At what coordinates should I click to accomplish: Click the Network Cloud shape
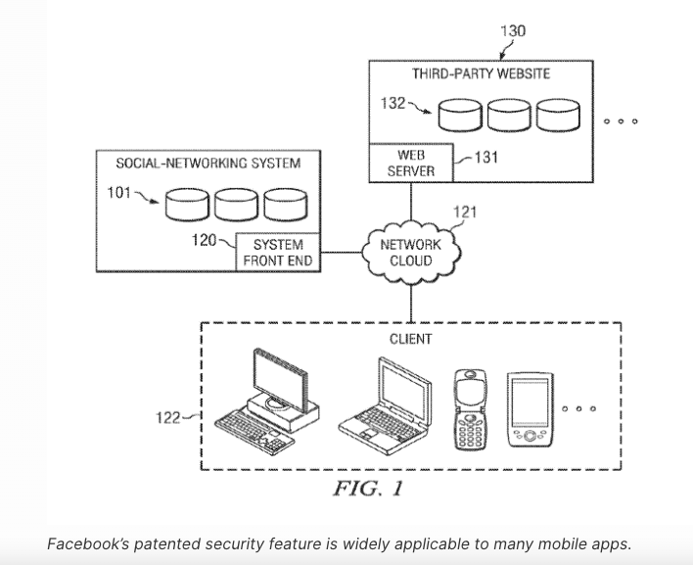pos(410,253)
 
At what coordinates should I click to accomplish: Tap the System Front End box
pos(278,253)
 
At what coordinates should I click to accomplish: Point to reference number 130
pos(512,30)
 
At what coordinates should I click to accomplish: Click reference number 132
pos(393,103)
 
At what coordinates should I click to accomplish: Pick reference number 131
pos(486,158)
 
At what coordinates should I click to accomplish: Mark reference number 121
pos(466,212)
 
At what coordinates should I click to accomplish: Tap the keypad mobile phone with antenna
pos(470,411)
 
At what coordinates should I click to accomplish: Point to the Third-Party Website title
pos(481,73)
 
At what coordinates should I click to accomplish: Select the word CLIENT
pos(410,339)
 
